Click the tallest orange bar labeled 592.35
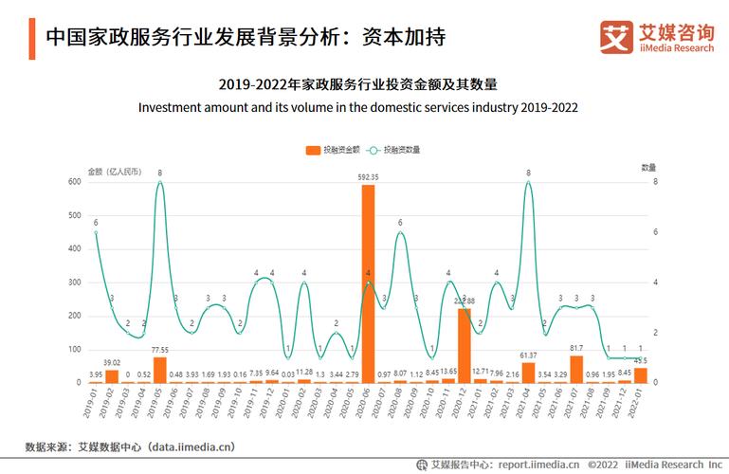(368, 284)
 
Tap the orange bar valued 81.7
(575, 369)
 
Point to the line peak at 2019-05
(159, 182)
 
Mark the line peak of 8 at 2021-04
(528, 182)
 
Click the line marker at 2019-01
(96, 232)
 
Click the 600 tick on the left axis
(73, 182)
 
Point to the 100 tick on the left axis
(73, 350)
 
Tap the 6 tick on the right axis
(645, 232)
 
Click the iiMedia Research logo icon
(616, 37)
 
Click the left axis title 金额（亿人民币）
(114, 172)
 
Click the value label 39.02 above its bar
(112, 362)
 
